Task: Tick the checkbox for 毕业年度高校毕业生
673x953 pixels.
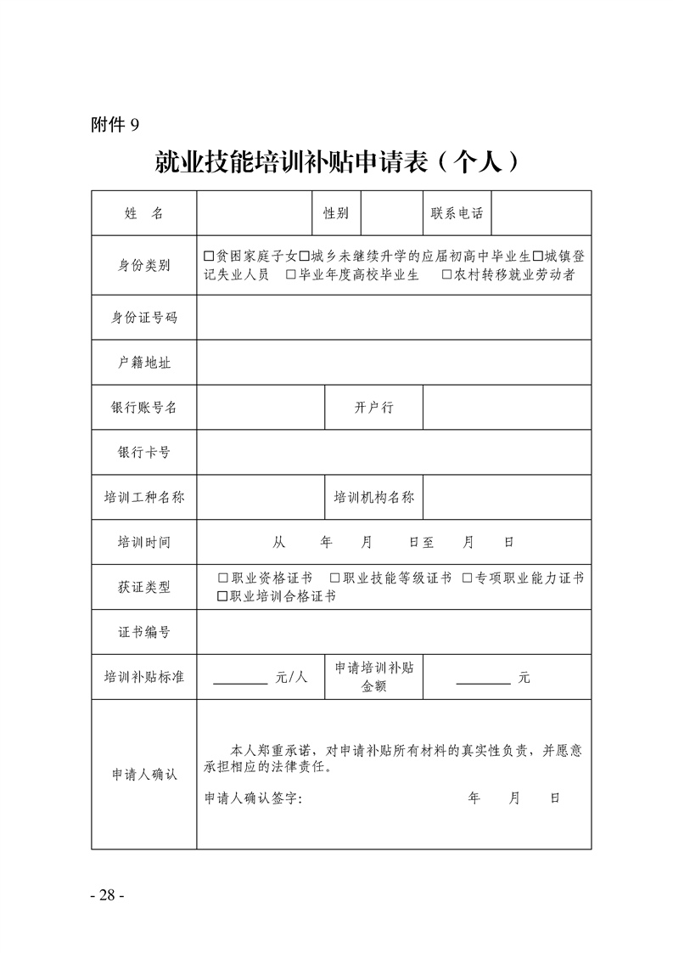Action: tap(291, 274)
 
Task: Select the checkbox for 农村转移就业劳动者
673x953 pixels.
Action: tap(447, 274)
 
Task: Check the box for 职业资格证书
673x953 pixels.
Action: tap(223, 578)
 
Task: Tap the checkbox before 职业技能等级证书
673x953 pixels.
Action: tap(335, 578)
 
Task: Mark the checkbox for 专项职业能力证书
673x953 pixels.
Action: tap(468, 578)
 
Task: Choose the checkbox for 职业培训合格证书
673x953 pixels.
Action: tap(223, 596)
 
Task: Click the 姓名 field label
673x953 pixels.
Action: tap(143, 213)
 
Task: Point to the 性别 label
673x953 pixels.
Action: tap(336, 213)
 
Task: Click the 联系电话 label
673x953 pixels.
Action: tap(457, 213)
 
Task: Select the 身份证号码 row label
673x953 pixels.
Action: tap(143, 318)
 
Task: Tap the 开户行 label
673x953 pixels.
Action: tap(373, 407)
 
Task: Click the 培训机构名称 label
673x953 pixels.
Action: tap(373, 497)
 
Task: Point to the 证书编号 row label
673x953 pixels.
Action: tap(143, 632)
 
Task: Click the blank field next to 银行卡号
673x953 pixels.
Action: tap(394, 452)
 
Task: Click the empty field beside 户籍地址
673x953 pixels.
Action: tap(394, 363)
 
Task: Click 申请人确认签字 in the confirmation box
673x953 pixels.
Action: tap(253, 798)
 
